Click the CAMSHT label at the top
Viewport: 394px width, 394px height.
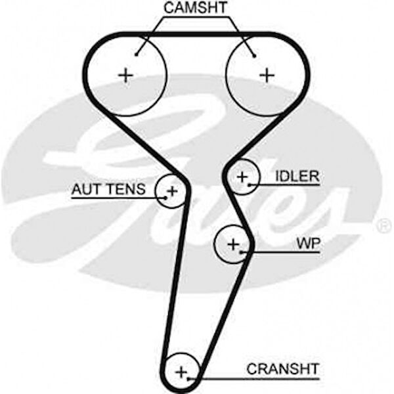(x=196, y=9)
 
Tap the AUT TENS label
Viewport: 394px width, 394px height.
(x=107, y=190)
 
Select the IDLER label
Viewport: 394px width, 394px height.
(x=297, y=176)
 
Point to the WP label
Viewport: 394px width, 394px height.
(x=307, y=244)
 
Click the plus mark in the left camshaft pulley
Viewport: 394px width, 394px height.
(x=125, y=75)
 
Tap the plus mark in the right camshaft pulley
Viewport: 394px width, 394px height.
(x=267, y=75)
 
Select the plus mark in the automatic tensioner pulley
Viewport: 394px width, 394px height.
(x=172, y=191)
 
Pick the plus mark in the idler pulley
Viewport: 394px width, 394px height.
(x=243, y=176)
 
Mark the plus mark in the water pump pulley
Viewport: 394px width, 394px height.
(x=232, y=244)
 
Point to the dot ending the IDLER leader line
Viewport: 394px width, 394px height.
(x=251, y=185)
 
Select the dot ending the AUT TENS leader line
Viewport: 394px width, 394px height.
(x=161, y=197)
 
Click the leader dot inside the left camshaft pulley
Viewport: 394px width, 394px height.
(x=137, y=55)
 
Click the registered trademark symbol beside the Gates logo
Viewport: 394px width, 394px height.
(x=384, y=227)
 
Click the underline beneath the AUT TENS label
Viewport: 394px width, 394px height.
(x=112, y=197)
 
